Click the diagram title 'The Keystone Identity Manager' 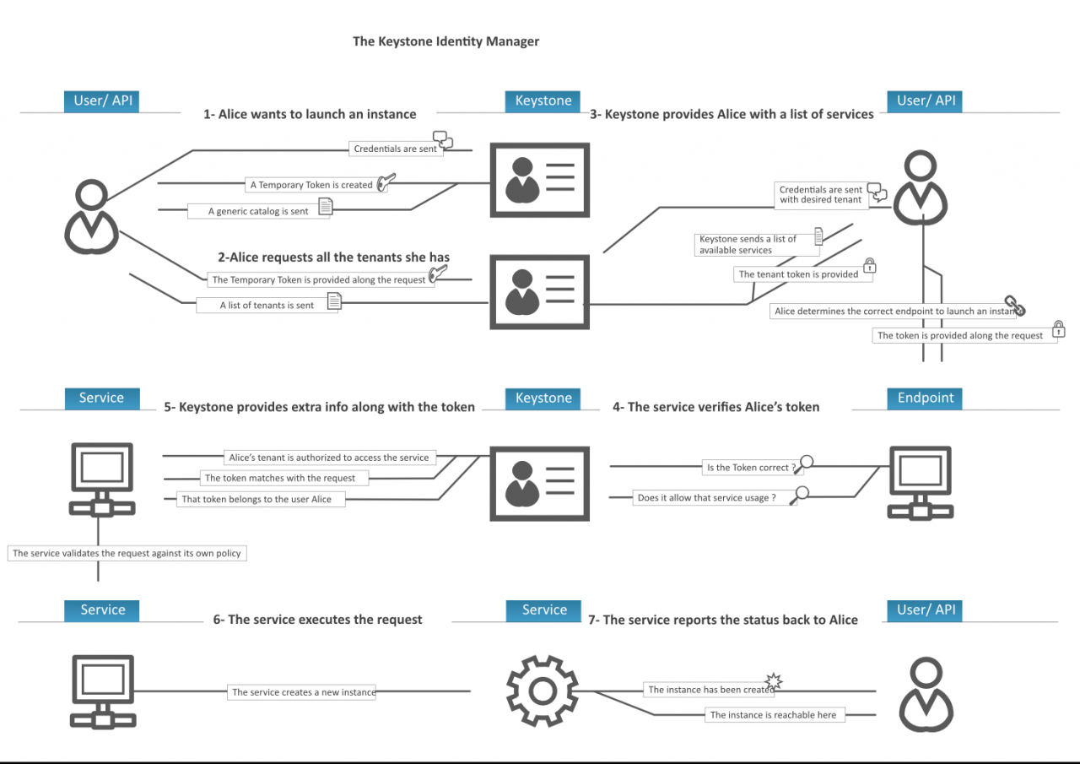pos(445,41)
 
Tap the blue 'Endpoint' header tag pos(925,398)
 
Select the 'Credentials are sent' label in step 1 pos(396,149)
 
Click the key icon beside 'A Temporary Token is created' pos(386,182)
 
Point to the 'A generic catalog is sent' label pos(258,211)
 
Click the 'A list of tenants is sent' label pos(267,305)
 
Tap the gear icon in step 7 pos(542,691)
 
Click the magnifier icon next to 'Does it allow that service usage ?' pos(799,496)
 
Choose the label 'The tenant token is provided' pos(798,274)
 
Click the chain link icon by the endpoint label pos(1014,306)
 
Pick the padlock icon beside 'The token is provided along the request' pos(1058,329)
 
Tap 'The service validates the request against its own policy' pos(127,554)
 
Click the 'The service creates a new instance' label pos(303,692)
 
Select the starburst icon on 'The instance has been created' pos(773,681)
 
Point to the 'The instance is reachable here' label pos(773,714)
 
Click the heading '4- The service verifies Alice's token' pos(715,407)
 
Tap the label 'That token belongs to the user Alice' pos(256,499)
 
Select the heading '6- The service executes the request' pos(317,619)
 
